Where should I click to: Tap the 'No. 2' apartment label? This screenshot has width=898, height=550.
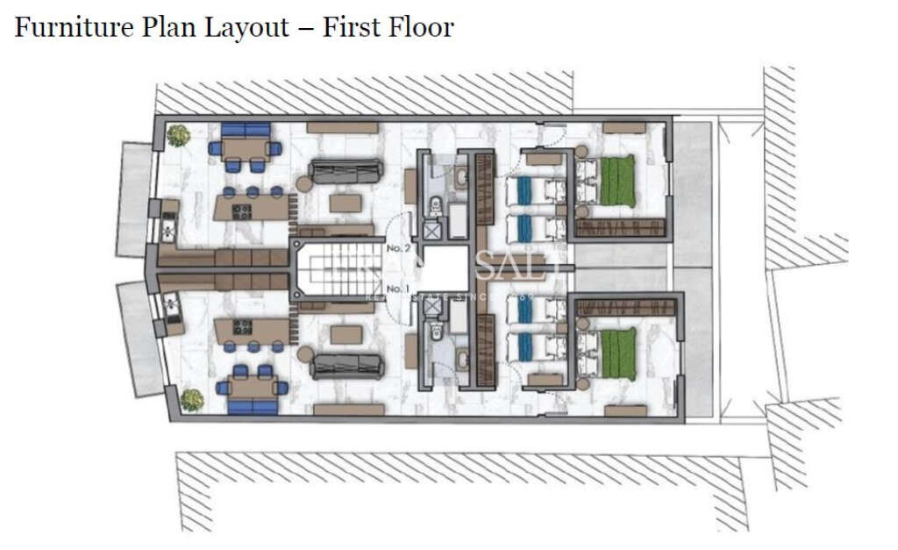coord(399,249)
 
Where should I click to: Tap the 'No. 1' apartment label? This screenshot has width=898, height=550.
coord(399,289)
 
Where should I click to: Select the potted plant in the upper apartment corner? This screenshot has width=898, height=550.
coord(179,135)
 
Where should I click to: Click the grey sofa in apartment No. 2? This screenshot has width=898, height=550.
coord(346,170)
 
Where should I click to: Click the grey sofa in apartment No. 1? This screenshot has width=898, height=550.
coord(346,366)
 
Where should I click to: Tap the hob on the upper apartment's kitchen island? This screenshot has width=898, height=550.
coord(241,211)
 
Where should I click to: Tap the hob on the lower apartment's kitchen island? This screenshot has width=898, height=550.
coord(241,327)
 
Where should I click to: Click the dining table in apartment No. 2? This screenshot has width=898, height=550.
coord(244,148)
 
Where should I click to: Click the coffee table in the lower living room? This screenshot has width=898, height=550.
coord(346,334)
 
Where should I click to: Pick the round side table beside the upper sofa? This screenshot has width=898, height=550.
coord(303,184)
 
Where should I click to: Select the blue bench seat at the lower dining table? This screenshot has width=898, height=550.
coord(252,407)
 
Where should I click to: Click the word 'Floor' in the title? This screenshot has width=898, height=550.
coord(421,27)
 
